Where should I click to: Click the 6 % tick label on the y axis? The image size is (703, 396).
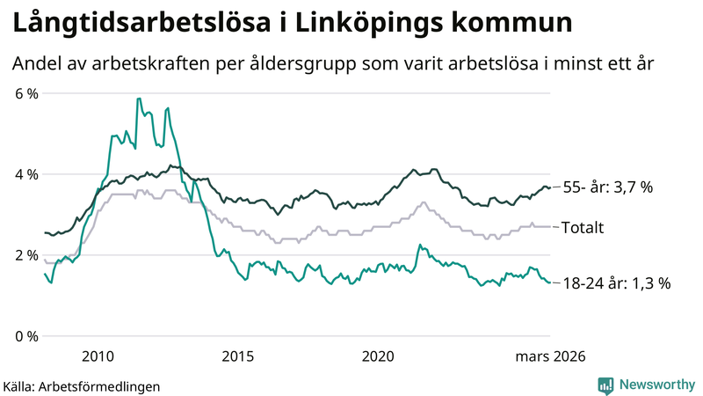point(26,93)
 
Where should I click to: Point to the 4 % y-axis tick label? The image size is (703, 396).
point(26,174)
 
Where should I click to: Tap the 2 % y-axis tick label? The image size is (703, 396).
point(26,255)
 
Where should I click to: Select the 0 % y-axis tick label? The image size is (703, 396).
point(26,336)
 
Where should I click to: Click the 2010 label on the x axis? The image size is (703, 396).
point(98,356)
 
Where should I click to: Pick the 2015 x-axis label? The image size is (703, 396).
point(237,356)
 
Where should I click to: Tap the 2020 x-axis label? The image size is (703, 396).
point(378,356)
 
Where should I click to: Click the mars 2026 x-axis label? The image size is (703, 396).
point(549,356)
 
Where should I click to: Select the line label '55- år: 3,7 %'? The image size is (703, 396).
point(608,187)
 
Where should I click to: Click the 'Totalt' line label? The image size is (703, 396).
point(583,227)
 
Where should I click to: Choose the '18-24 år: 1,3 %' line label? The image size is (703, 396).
point(616,282)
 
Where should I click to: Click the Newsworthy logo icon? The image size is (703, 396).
point(605,385)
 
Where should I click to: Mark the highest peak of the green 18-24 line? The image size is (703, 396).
point(138,99)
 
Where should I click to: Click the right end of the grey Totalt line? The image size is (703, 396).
point(550,227)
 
